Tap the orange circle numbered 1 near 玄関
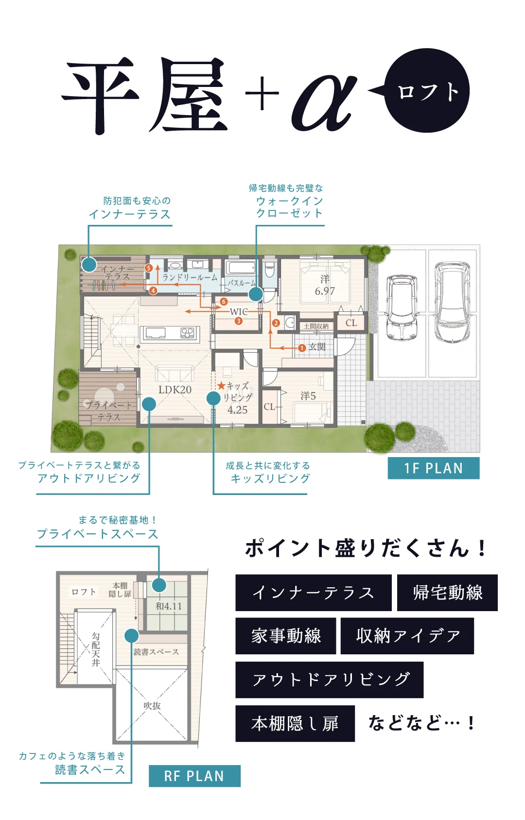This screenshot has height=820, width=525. point(301,348)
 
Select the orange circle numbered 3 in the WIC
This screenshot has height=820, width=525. point(239,321)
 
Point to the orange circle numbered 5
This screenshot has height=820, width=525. point(148,268)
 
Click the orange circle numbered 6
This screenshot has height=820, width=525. point(224,302)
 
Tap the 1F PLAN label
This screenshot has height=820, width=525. point(434,468)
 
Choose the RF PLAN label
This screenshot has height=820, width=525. point(194,776)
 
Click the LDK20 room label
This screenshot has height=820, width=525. point(175,390)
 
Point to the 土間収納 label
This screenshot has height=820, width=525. point(316,326)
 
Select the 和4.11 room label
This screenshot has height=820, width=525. point(169,606)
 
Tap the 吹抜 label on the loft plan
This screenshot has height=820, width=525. point(152,706)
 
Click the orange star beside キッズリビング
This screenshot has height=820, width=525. point(221,386)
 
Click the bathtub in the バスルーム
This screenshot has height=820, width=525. point(240,268)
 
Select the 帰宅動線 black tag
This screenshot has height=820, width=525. point(447,593)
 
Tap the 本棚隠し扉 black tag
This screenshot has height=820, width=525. point(295,724)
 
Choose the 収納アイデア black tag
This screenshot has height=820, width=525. point(407,636)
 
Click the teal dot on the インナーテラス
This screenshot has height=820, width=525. point(89,265)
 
